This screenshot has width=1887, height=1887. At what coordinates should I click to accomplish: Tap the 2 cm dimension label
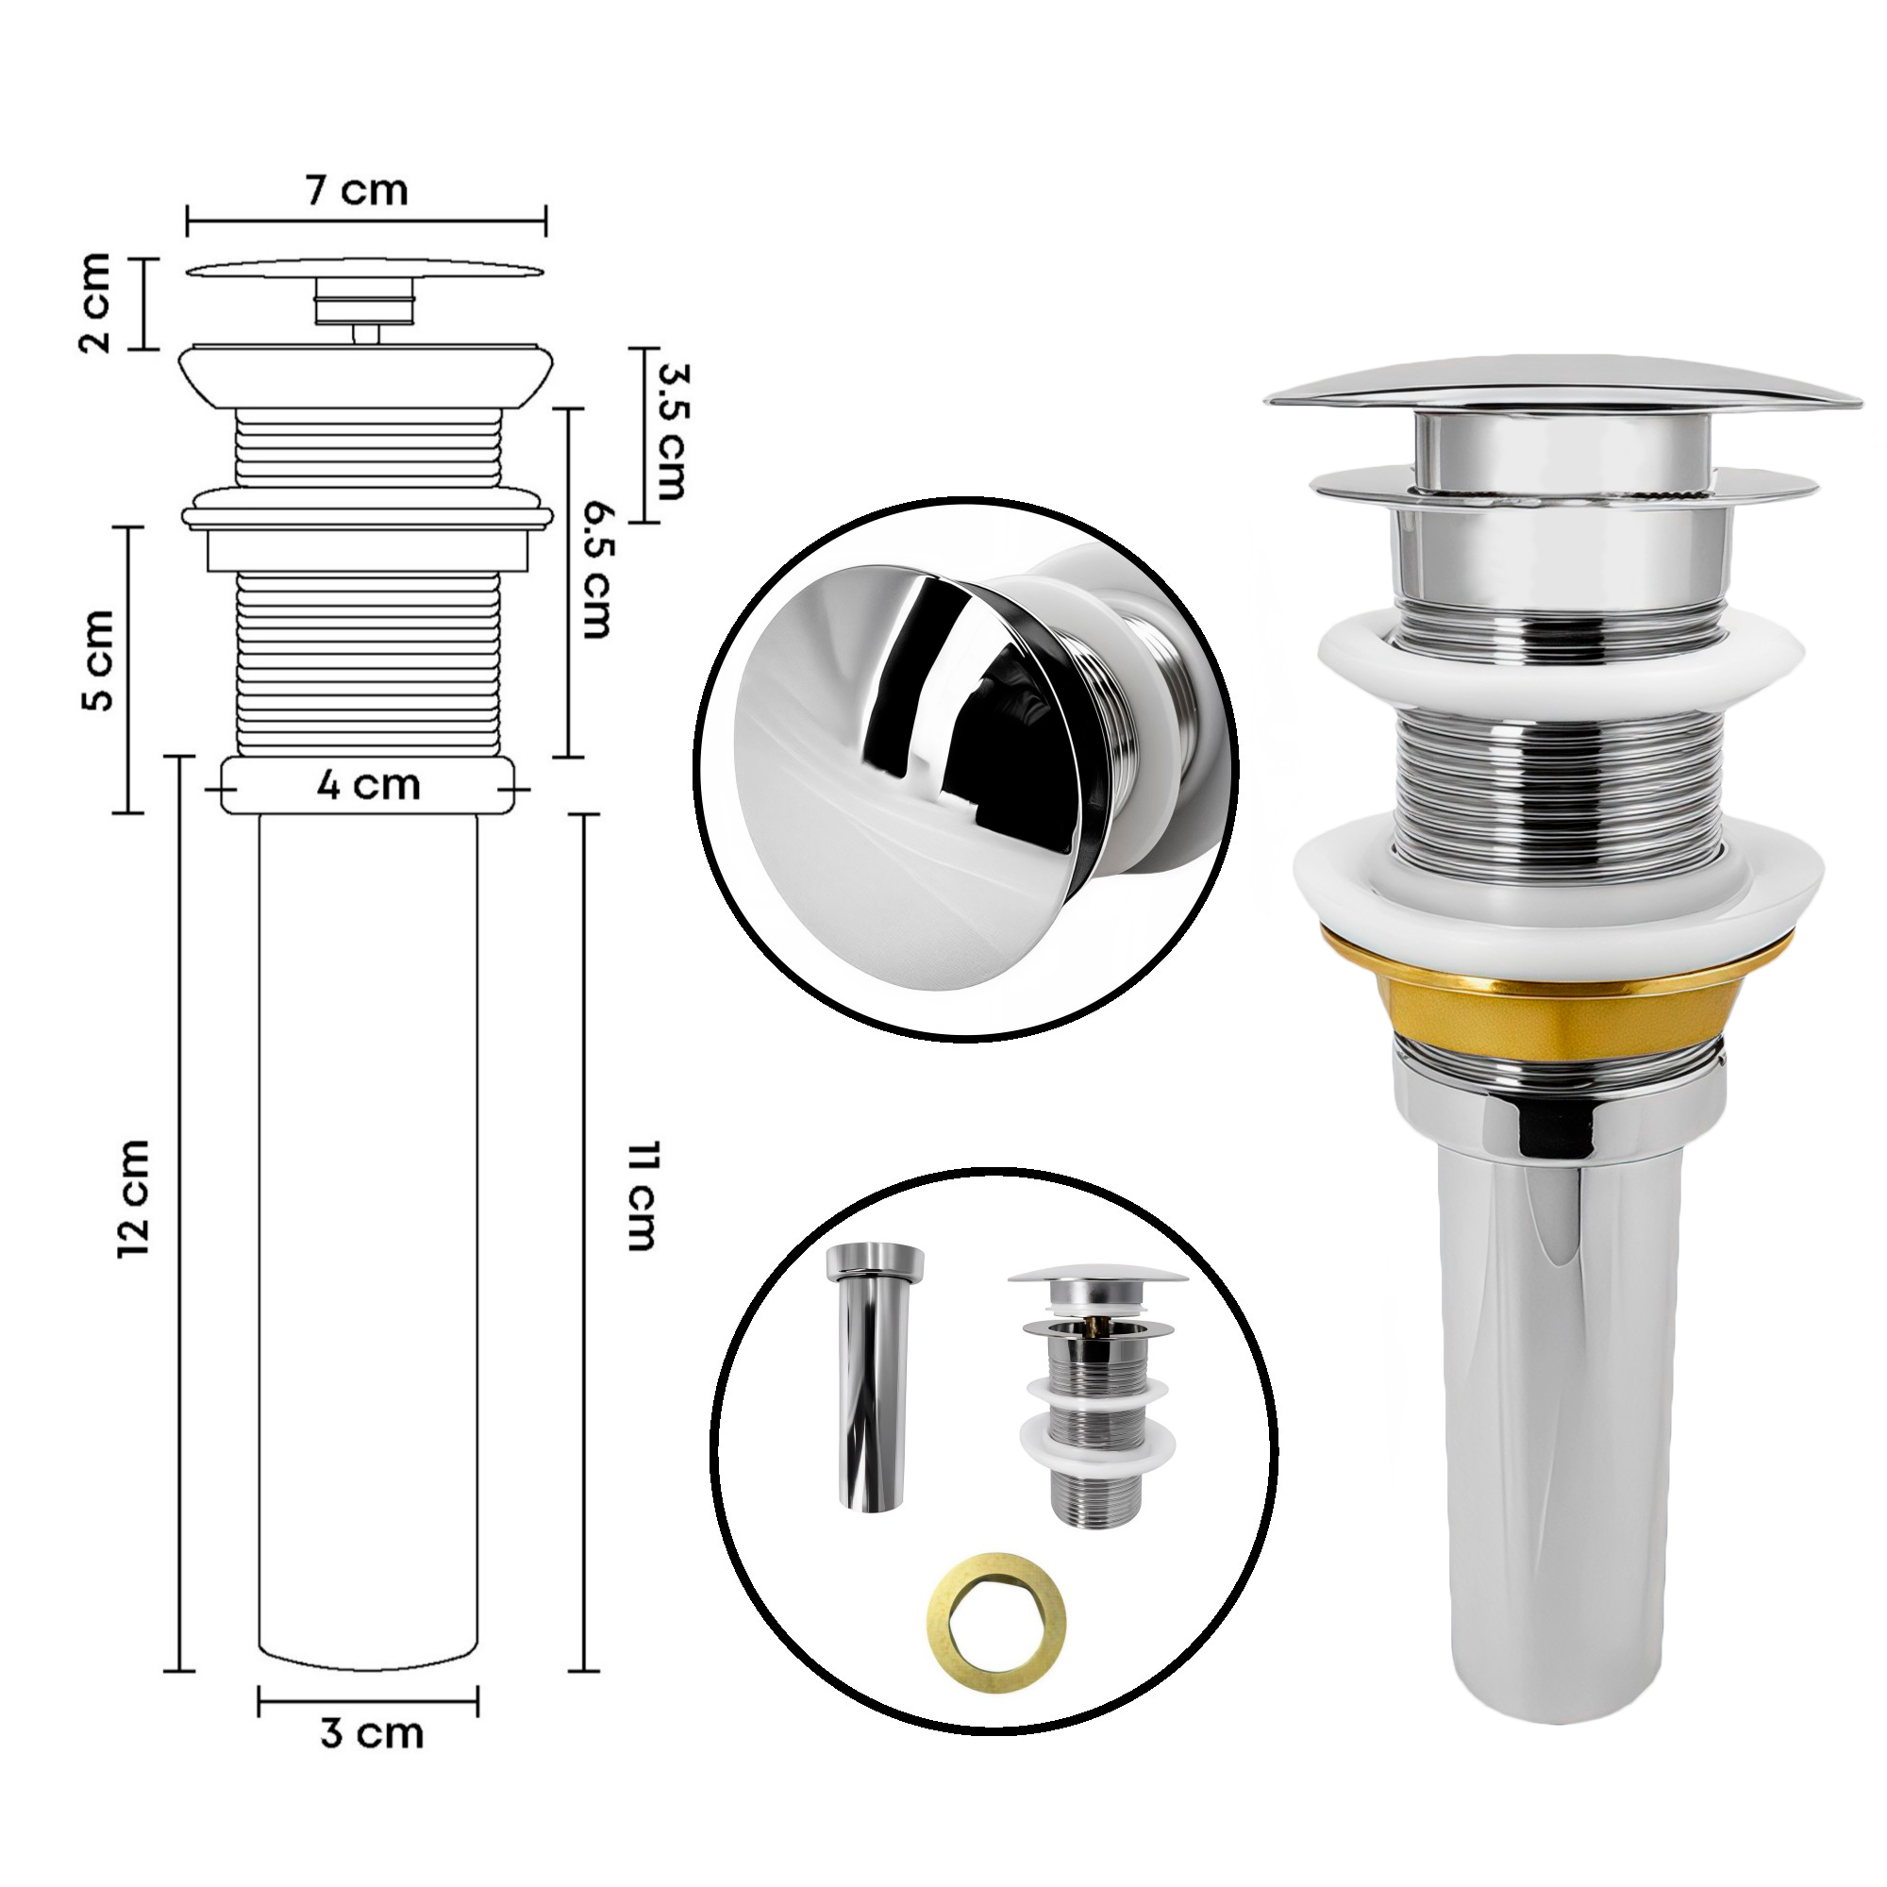pyautogui.click(x=95, y=303)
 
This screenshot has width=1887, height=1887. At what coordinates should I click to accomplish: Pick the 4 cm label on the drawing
pyautogui.click(x=368, y=784)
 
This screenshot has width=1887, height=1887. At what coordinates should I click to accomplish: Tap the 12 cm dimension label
pyautogui.click(x=134, y=1197)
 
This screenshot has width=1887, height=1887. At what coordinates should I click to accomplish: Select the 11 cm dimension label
pyautogui.click(x=640, y=1195)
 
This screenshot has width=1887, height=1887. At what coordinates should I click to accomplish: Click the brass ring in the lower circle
pyautogui.click(x=996, y=1600)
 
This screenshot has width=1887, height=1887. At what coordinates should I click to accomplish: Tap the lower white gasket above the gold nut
pyautogui.click(x=1559, y=884)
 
